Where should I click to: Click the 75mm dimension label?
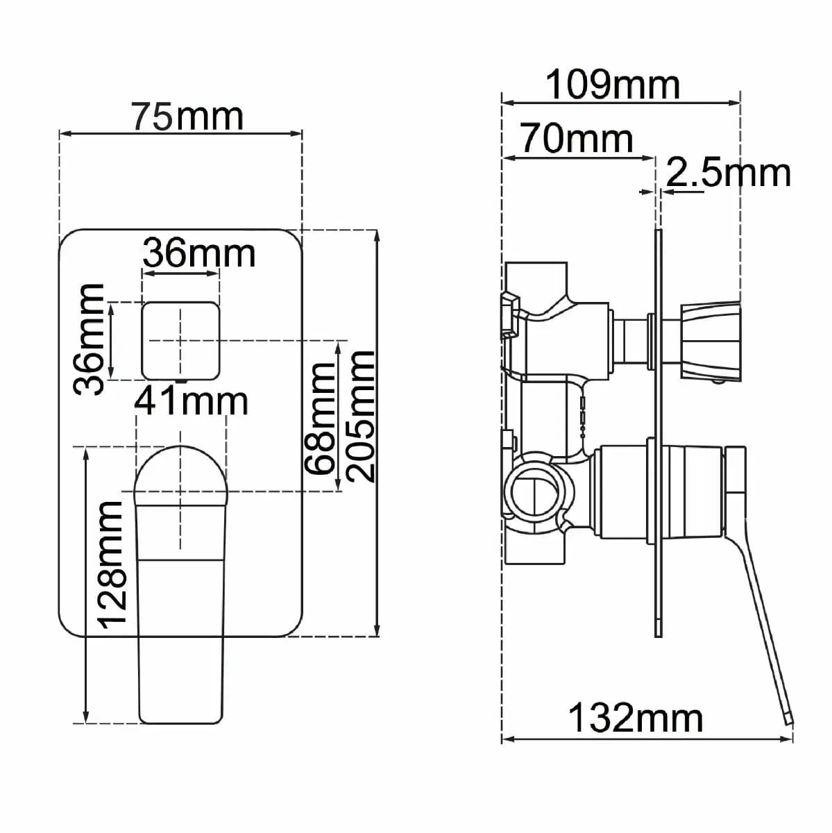pos(187,116)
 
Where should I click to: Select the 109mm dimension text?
pos(613,85)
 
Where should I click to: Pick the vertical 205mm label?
pos(362,416)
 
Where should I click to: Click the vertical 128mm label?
pos(111,565)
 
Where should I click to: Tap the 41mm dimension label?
pos(192,401)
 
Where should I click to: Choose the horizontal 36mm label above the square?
pos(199,253)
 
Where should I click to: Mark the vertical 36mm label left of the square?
pos(90,339)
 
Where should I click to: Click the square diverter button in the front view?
pos(180,340)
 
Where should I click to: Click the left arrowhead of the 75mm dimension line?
pos(64,133)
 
